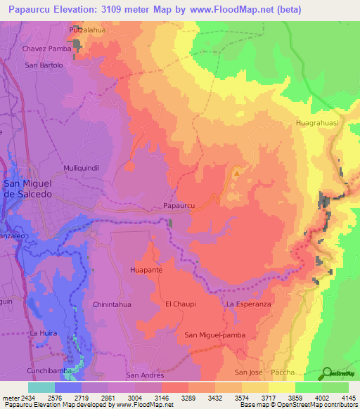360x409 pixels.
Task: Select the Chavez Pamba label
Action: click(x=47, y=49)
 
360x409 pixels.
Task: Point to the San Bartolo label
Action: click(x=44, y=65)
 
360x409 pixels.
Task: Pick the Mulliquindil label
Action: click(x=84, y=169)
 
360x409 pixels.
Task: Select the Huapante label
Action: click(x=147, y=269)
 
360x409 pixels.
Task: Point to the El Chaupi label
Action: click(x=181, y=304)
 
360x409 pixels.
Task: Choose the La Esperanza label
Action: click(x=248, y=304)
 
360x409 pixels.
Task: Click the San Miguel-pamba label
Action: click(x=214, y=335)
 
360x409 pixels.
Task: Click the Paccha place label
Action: click(x=288, y=372)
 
